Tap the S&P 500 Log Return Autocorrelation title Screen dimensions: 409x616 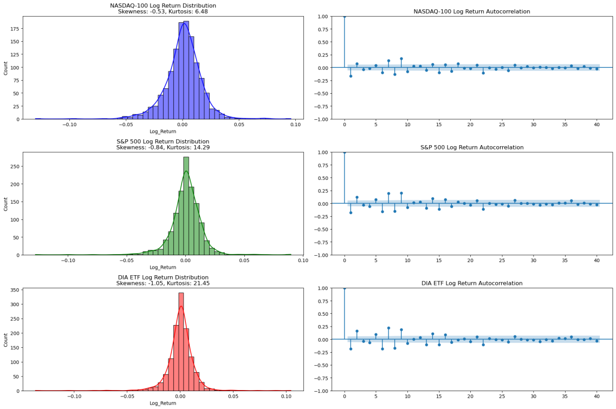pos(471,147)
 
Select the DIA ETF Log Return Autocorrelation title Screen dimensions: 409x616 pos(471,283)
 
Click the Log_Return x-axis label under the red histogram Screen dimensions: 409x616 pos(163,403)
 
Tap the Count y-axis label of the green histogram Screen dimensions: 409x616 pos(7,204)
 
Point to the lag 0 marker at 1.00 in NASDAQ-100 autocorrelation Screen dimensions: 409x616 pos(345,16)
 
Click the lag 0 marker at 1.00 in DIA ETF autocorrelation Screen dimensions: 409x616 pos(345,288)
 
